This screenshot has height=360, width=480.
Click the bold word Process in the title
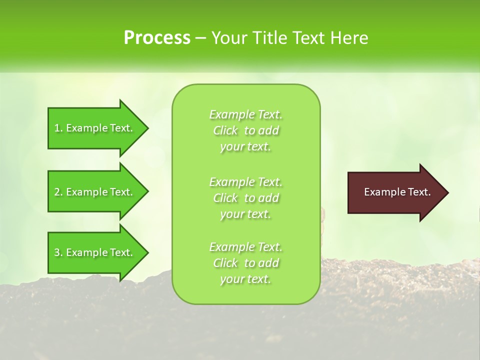pos(157,38)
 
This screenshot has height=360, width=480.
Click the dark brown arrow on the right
pos(395,192)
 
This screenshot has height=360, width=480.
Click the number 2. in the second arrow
pos(58,192)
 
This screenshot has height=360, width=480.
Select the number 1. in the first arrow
pos(58,128)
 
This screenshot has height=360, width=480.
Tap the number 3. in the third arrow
pos(58,252)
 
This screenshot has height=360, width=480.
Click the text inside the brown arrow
pos(397,192)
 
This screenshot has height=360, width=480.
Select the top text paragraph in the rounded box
pos(245,130)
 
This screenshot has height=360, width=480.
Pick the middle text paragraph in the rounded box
pos(245,198)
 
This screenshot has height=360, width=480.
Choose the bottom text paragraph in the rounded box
pos(245,263)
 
